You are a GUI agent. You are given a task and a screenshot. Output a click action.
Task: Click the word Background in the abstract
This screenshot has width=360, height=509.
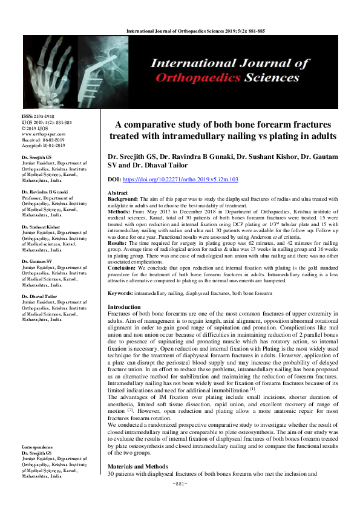point(123,198)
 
